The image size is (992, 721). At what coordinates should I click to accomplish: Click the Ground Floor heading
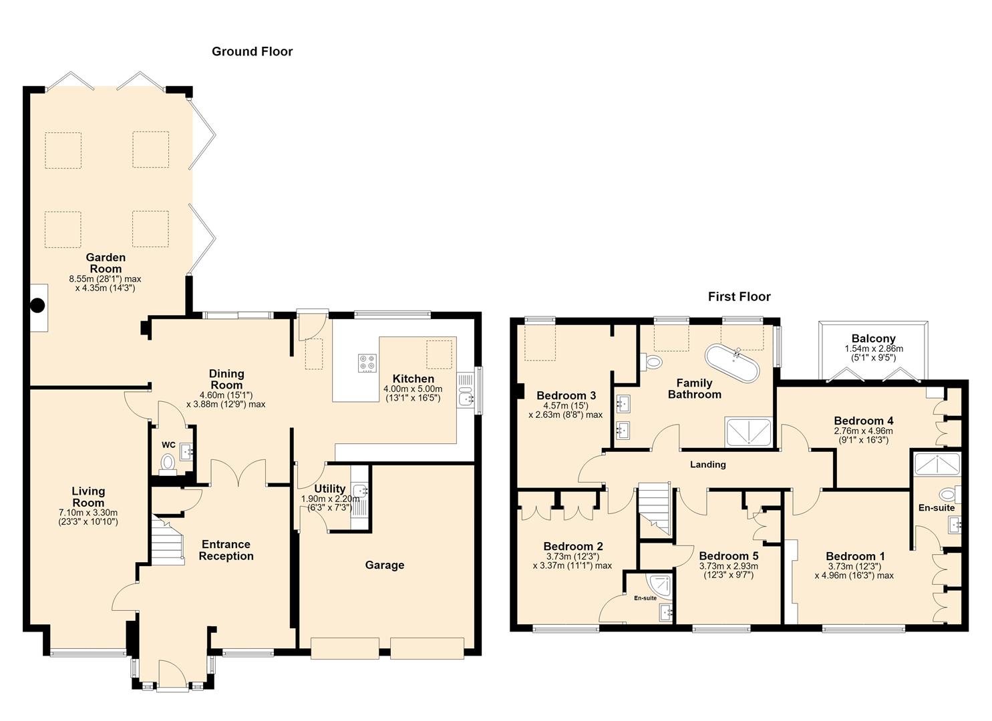click(252, 52)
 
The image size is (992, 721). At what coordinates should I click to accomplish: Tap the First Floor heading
click(739, 296)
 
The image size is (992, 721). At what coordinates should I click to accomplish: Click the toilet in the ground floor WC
click(168, 464)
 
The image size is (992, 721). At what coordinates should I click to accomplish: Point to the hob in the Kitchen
click(367, 363)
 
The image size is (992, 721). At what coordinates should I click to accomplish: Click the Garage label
click(384, 565)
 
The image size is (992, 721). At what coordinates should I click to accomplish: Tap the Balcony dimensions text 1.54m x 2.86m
click(874, 348)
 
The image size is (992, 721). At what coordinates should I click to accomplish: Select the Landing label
click(707, 464)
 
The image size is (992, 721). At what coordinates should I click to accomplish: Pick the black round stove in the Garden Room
click(37, 305)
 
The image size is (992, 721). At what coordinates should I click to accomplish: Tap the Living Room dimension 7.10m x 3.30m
click(88, 513)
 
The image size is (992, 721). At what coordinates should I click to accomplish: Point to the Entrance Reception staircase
click(168, 539)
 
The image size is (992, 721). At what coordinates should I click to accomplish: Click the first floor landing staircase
click(654, 510)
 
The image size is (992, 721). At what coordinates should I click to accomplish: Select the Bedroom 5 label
click(729, 556)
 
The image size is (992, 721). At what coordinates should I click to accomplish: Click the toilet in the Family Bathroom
click(651, 362)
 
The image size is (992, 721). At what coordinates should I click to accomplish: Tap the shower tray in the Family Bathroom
click(748, 431)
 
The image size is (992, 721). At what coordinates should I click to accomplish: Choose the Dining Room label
click(226, 379)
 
